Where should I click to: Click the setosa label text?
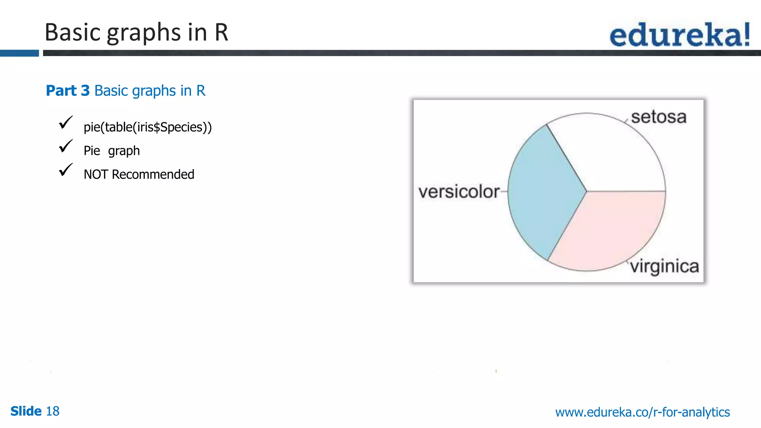point(658,117)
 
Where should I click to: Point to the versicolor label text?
point(459,192)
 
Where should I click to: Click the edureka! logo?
point(680,35)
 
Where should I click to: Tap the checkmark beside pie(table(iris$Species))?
point(66,123)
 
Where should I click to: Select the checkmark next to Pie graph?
point(66,146)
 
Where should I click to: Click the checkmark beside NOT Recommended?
point(66,170)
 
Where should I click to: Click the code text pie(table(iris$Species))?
point(148,127)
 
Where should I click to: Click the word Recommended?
point(153,175)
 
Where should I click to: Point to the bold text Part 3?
point(68,91)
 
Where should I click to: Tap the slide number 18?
point(52,411)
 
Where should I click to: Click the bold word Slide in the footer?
point(26,411)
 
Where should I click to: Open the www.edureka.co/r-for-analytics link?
point(642,412)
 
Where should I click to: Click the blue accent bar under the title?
point(19,53)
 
